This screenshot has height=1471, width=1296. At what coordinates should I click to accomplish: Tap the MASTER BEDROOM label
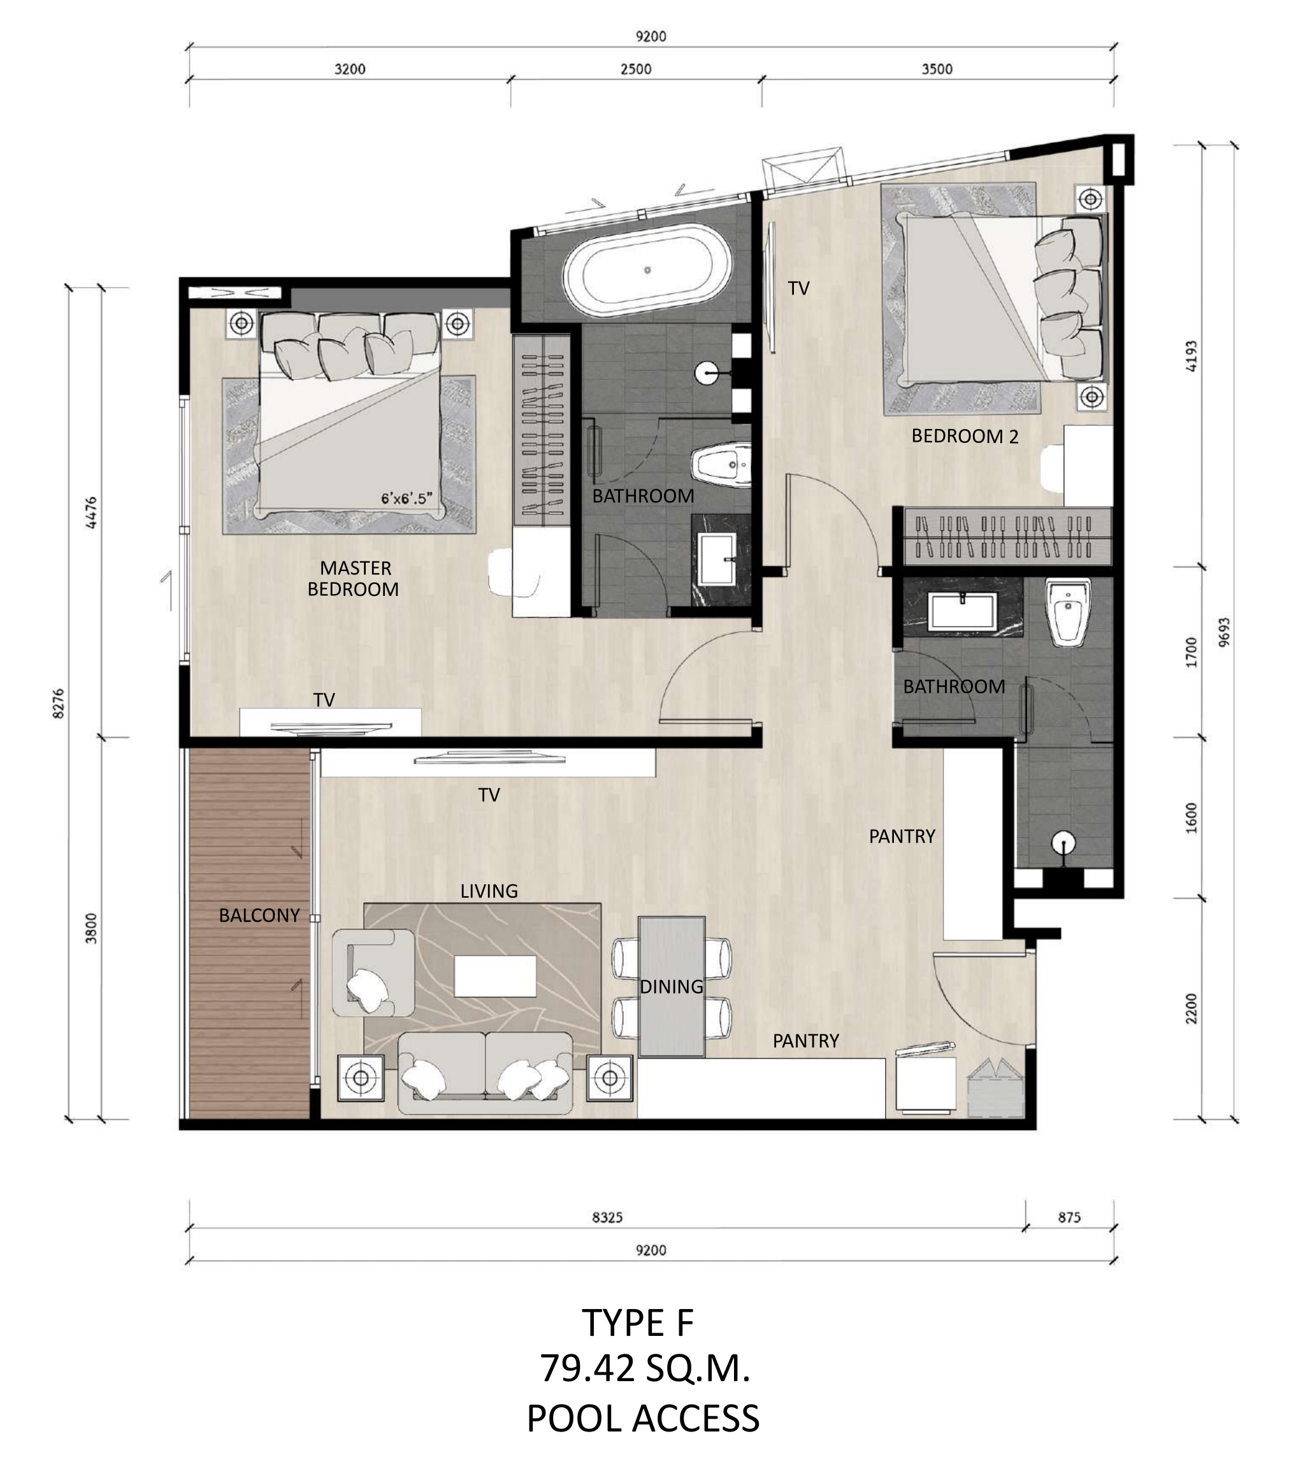tap(354, 579)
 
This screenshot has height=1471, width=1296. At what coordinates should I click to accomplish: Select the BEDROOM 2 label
tap(965, 436)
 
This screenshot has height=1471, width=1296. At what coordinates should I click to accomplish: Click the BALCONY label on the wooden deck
tap(259, 915)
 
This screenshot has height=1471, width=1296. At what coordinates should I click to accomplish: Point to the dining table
tap(672, 986)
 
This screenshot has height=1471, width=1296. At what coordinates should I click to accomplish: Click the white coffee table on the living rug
tap(495, 976)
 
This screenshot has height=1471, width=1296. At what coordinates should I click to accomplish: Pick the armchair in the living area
tap(373, 972)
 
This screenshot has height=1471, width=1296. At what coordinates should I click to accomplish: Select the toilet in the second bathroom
tap(1068, 612)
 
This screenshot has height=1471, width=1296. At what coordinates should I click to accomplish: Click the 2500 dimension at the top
tap(635, 69)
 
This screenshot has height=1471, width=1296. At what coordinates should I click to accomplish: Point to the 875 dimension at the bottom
tap(1069, 1218)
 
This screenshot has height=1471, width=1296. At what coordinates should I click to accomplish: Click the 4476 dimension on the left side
tap(90, 512)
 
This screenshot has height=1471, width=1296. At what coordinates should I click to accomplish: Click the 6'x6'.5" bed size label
tap(407, 498)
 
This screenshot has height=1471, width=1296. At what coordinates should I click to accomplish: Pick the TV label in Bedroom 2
tap(799, 289)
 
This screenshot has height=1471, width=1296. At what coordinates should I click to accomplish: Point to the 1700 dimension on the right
tap(1192, 652)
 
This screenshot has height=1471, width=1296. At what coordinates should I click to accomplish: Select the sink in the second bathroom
tap(962, 611)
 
